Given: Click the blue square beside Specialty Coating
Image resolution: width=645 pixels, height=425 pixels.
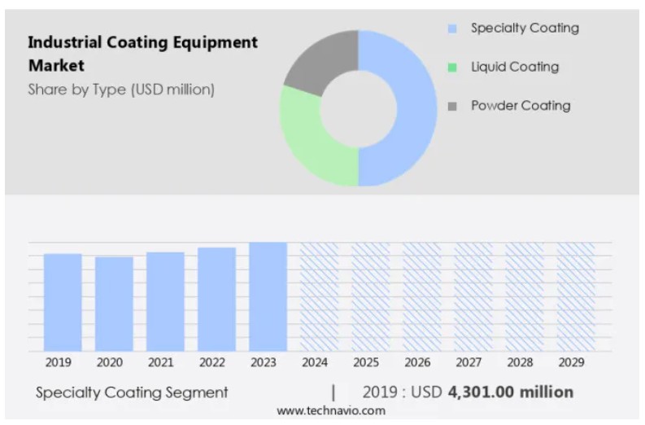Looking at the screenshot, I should [x=452, y=29].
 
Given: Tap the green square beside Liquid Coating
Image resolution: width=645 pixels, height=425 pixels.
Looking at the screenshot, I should [x=452, y=68].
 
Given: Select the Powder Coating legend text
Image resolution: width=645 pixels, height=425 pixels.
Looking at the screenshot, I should [x=521, y=106].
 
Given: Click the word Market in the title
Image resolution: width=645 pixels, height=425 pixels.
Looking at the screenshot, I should [x=56, y=64].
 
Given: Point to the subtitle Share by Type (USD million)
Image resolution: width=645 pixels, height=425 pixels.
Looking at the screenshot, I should [x=121, y=90].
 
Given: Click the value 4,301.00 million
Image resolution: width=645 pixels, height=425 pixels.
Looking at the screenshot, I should [x=510, y=392].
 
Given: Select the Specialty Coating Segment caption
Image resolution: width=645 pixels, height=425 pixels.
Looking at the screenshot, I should [x=132, y=392].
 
